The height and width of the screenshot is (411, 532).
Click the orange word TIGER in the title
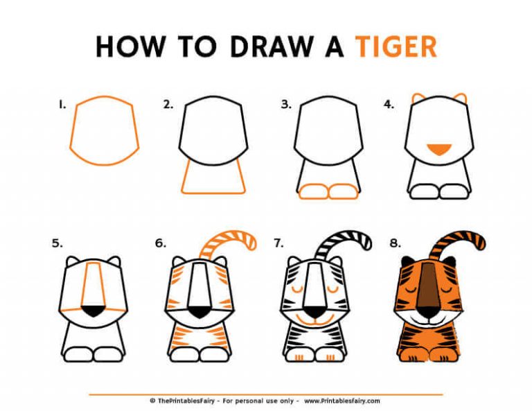coord(396,47)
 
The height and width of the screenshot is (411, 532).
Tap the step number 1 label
coord(62,105)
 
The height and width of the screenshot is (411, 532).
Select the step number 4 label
coord(389,105)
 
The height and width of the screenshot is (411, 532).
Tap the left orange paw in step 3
coord(312,191)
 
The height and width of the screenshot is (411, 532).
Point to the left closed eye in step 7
coord(299,286)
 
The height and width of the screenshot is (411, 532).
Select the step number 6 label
coord(161,243)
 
